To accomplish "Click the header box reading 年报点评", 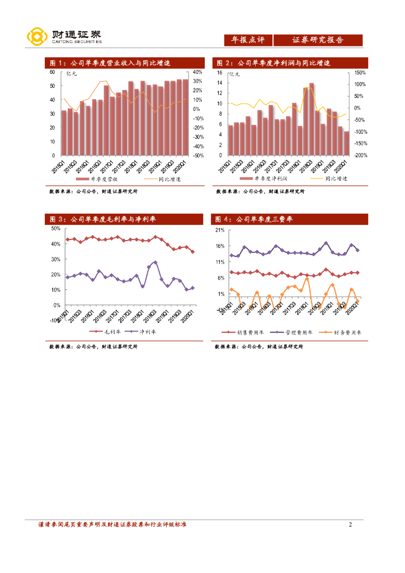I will point(248,40).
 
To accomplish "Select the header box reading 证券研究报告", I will point(318,40).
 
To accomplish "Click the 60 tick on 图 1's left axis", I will point(52,72).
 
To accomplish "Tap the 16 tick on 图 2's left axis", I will point(219,73).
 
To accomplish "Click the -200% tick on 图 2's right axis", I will point(360,156).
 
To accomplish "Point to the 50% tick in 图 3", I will point(55,229).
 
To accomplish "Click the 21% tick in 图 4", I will point(219,230).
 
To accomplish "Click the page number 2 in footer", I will point(350,524).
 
